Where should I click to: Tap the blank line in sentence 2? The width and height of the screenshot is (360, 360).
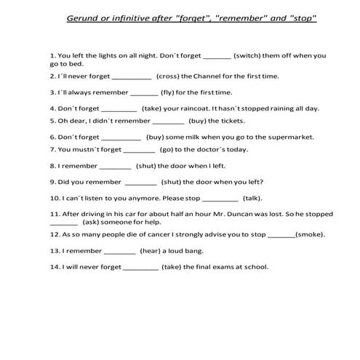click(x=132, y=76)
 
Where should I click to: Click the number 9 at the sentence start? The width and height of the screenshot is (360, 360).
click(x=52, y=182)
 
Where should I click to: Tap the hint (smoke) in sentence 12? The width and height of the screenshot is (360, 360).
click(x=310, y=235)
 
